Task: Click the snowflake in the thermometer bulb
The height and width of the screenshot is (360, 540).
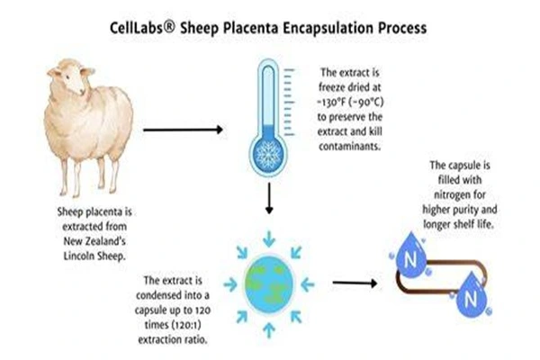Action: click(268, 154)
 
